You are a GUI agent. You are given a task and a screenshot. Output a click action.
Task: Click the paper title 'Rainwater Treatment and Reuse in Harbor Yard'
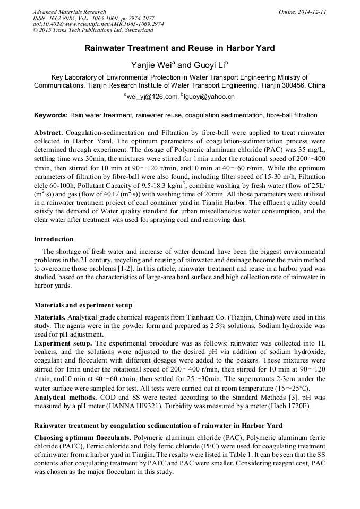point(179,48)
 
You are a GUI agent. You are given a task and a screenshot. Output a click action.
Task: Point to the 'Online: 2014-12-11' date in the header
point(302,12)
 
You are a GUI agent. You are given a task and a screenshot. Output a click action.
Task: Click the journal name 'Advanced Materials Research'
point(69,12)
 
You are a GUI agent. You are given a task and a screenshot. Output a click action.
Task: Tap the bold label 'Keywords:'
point(51,115)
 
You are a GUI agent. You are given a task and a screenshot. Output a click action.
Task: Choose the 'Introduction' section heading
point(54,239)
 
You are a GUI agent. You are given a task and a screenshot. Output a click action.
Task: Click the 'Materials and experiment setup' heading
point(83,305)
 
